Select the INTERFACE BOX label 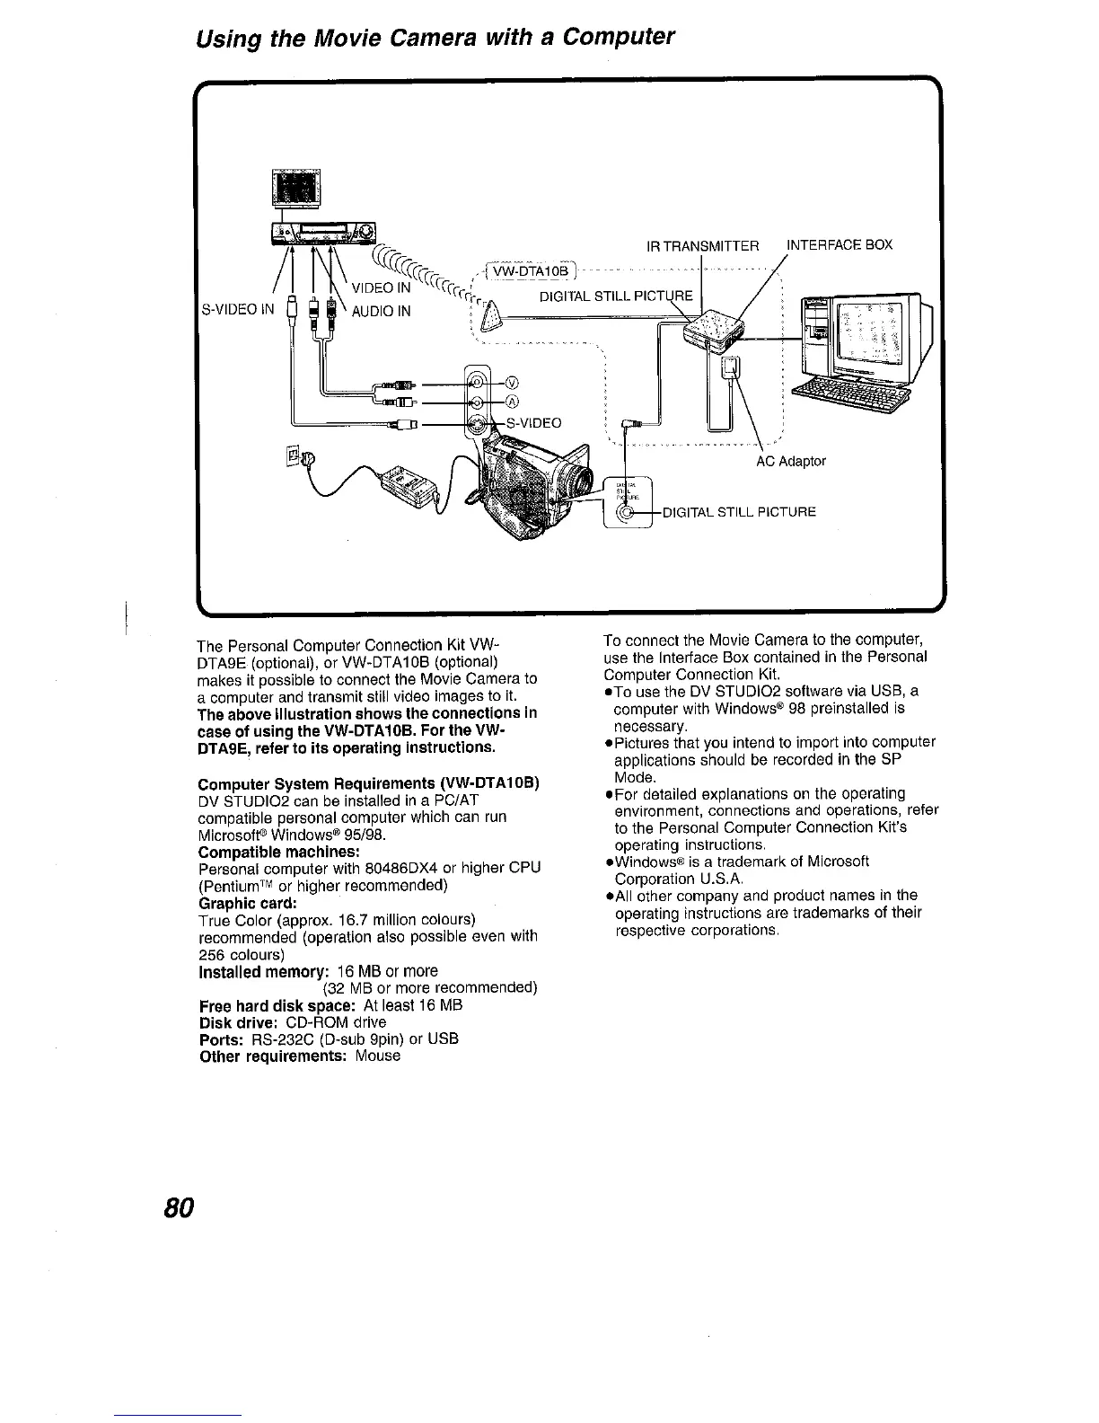pos(840,245)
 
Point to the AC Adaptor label pos(790,462)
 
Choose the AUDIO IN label pos(380,312)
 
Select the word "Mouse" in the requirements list pos(377,1056)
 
